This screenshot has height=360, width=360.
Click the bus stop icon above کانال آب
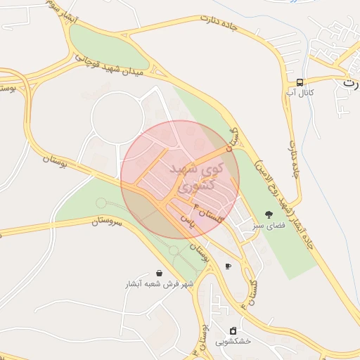point(300,82)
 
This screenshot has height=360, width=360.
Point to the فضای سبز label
point(269,226)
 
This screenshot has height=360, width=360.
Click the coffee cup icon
point(228,266)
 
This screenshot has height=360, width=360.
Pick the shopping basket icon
point(160,274)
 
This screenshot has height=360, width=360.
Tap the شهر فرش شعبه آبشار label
point(159,284)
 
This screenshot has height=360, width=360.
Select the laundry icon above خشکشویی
point(233,330)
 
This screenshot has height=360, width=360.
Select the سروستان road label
point(107,221)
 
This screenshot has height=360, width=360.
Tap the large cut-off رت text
point(349,83)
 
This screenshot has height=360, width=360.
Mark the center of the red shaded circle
point(180,180)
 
